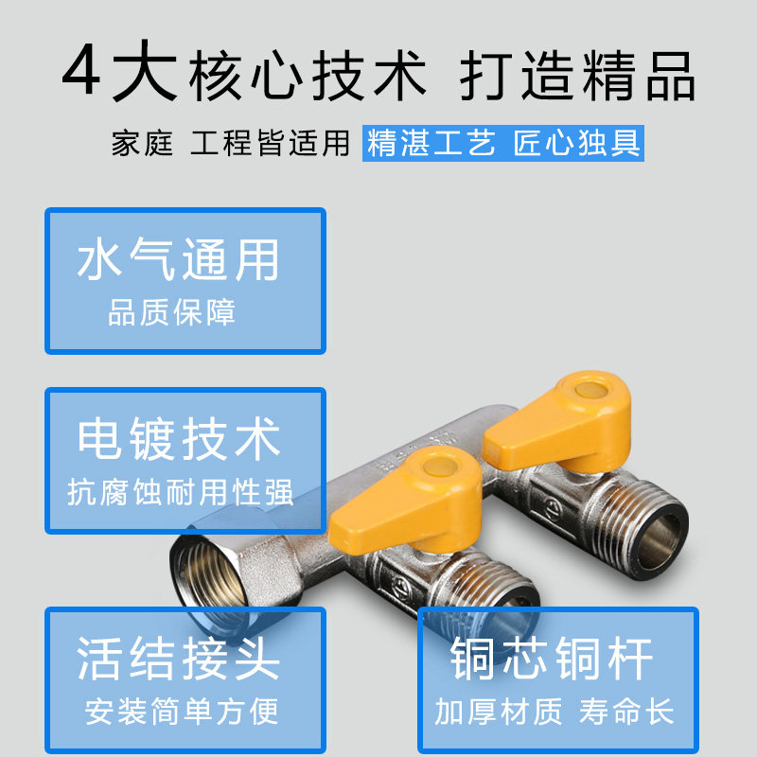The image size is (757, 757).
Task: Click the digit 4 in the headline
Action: (81, 70)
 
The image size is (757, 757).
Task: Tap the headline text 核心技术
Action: (308, 77)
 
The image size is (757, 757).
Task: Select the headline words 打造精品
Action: (577, 77)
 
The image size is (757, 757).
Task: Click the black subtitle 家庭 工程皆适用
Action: (230, 143)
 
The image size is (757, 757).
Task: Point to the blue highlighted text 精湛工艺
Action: (431, 143)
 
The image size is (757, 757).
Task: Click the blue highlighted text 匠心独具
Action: (577, 143)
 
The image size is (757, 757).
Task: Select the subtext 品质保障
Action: (171, 312)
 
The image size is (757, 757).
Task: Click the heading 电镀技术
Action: (179, 439)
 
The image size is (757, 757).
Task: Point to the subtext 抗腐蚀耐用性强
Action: (180, 492)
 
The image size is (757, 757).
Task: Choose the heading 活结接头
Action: (178, 658)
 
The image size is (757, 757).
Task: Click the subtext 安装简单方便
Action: (182, 712)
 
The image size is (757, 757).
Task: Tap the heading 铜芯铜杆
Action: (552, 658)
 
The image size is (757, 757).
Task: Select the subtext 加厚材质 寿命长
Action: (555, 712)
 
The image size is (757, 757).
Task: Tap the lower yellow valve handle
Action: (406, 499)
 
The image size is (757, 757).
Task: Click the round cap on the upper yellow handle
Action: (590, 389)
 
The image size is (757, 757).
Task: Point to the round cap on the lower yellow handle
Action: (440, 466)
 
